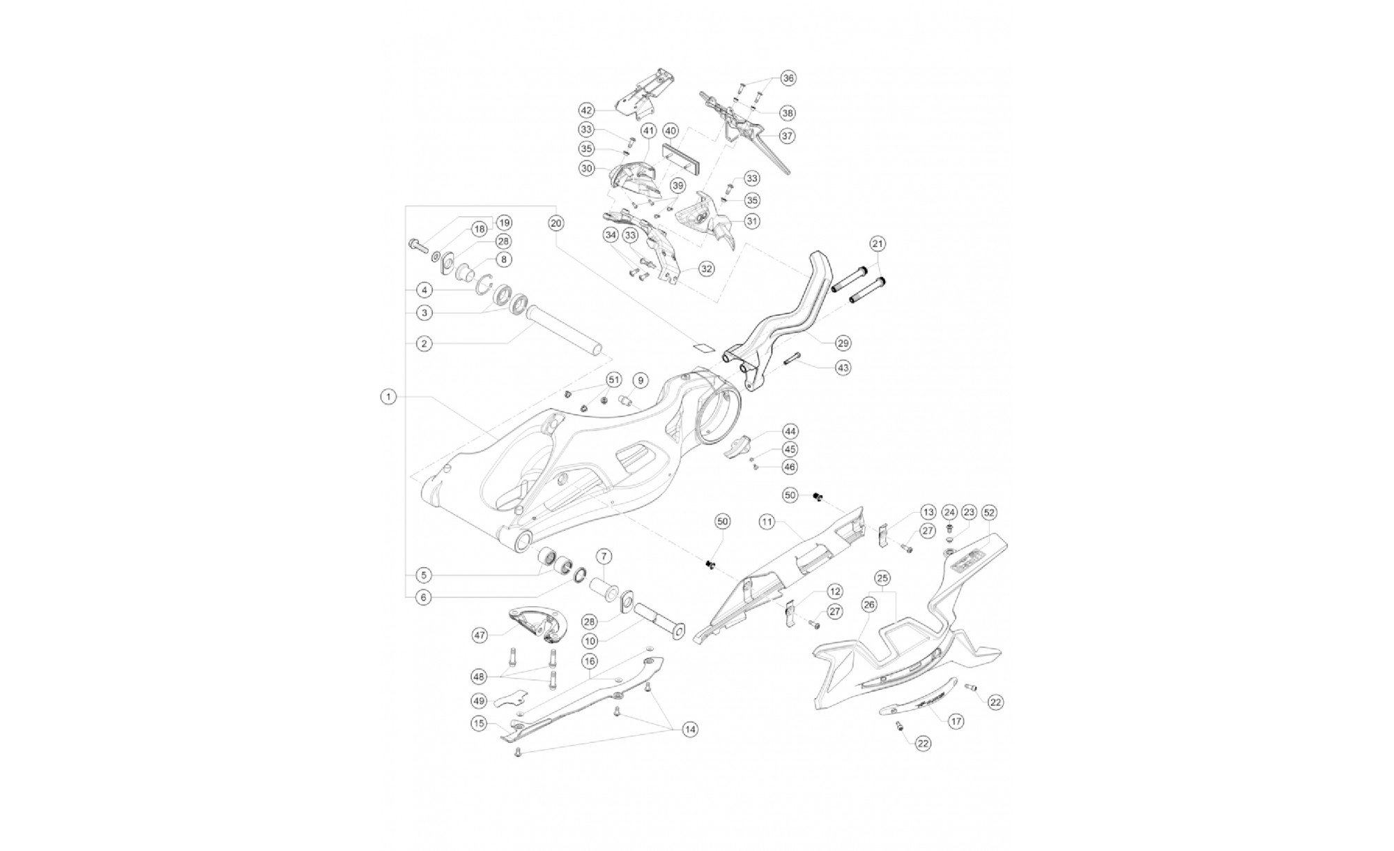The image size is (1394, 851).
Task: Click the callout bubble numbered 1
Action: tap(388, 397)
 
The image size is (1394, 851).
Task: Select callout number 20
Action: tap(556, 223)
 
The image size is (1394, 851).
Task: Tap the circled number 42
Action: tap(586, 110)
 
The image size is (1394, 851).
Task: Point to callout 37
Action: tap(787, 136)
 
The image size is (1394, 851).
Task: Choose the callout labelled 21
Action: tap(878, 244)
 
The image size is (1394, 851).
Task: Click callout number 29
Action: tap(843, 343)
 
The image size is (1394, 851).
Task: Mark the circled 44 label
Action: tap(790, 432)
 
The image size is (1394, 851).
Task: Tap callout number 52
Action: tap(989, 513)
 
